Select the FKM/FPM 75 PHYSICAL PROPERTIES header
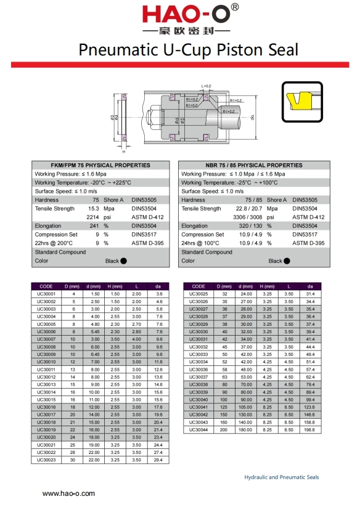tap(100, 165)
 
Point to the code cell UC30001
tap(47, 294)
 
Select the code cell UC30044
tap(198, 429)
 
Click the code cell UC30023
tap(47, 459)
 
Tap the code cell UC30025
tap(198, 294)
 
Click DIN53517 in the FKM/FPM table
tap(143, 235)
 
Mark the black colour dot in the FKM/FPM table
tap(123, 261)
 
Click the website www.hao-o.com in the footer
tap(68, 494)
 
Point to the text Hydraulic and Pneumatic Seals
tap(282, 477)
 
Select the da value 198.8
tap(310, 429)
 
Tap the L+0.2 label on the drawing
tap(206, 86)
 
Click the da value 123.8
tap(310, 407)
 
